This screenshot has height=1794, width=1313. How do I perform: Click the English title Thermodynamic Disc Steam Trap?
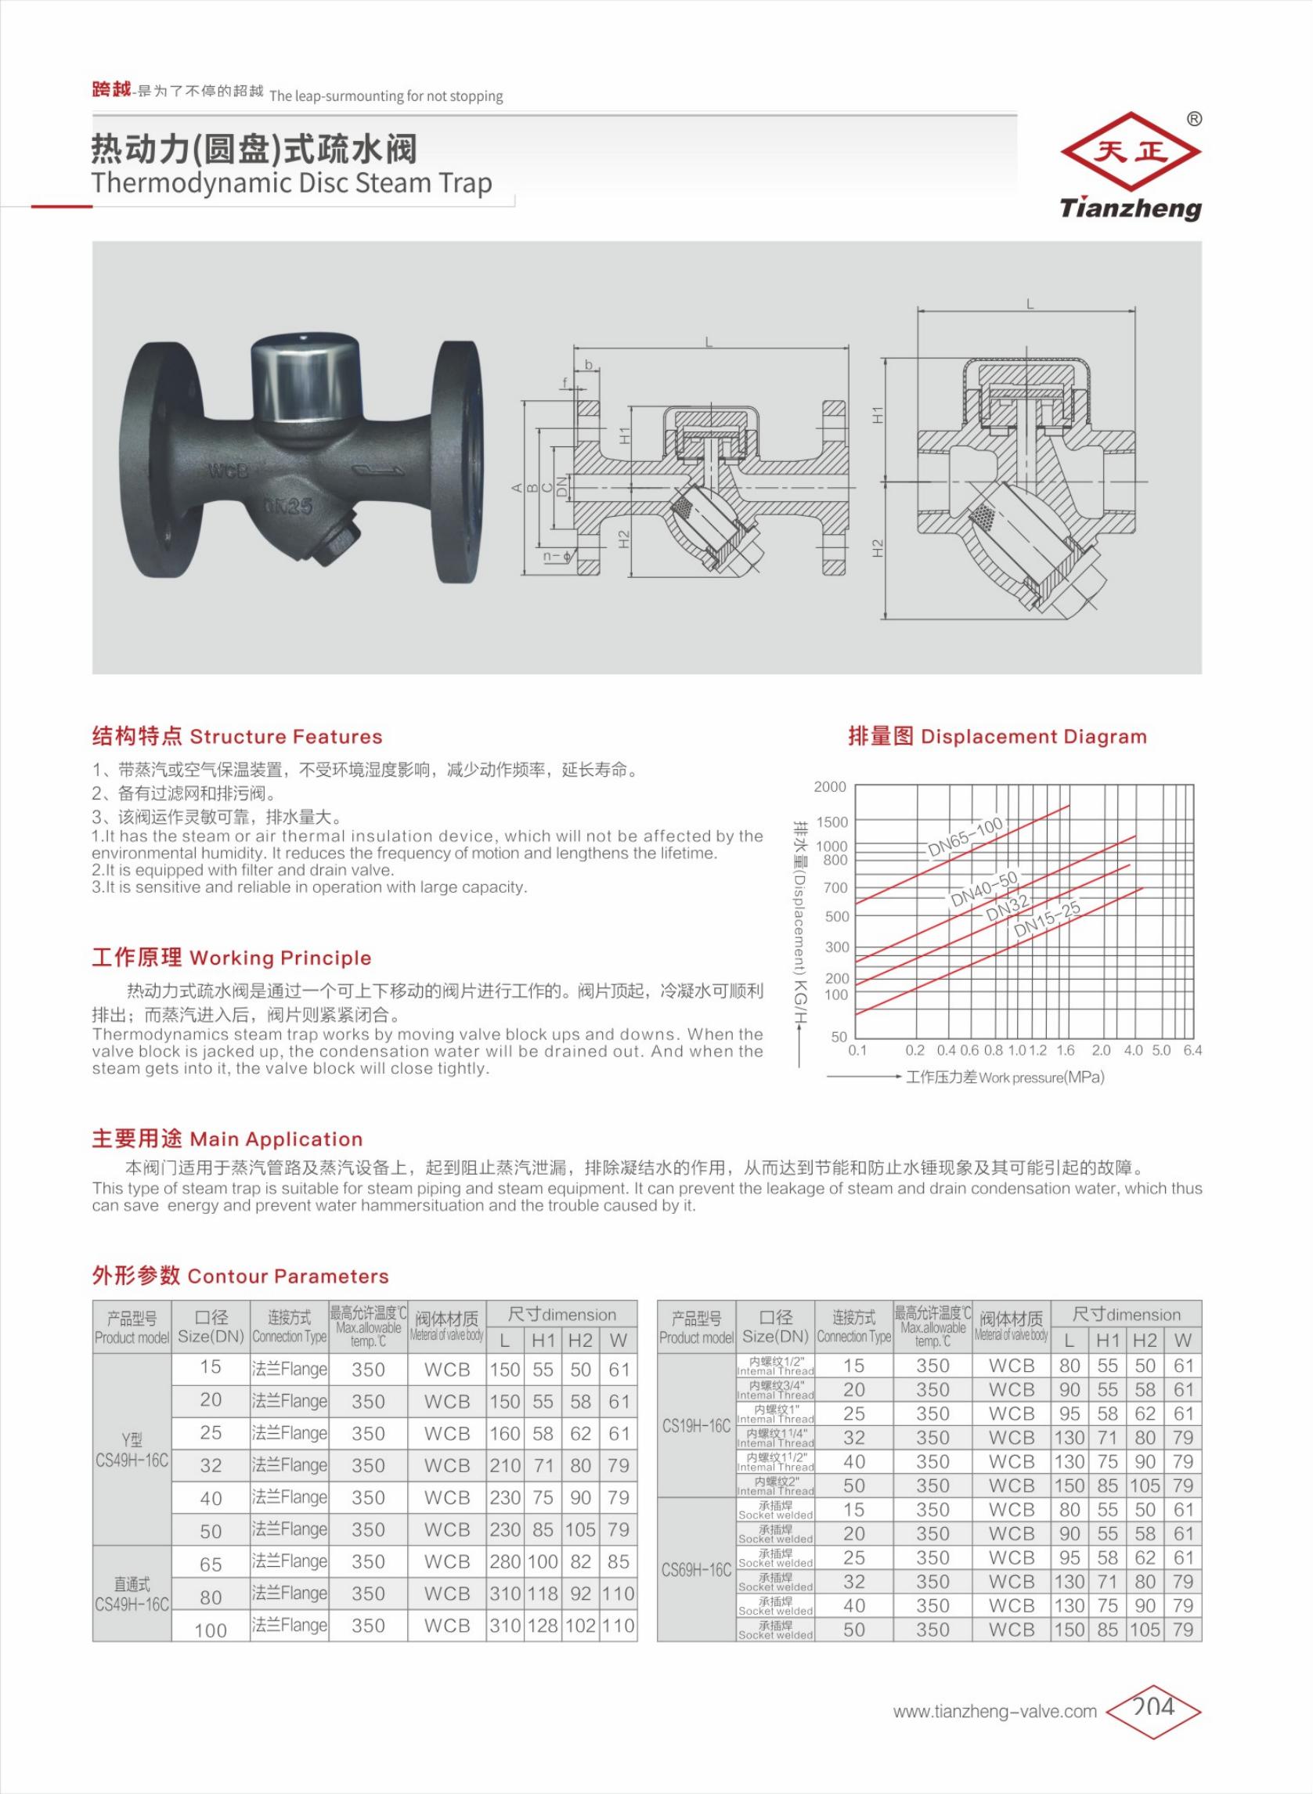tap(292, 182)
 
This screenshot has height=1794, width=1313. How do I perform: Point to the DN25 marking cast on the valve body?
tap(287, 507)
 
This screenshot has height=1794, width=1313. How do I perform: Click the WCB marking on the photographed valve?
tap(227, 471)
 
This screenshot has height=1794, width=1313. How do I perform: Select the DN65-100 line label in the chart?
tap(965, 837)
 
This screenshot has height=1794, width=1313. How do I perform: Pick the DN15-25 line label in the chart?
tap(1047, 918)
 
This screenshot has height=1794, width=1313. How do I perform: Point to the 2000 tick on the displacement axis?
tap(830, 787)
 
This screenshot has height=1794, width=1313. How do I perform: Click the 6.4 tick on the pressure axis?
tap(1192, 1050)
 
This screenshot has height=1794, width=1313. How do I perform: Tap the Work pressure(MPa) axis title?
tap(1041, 1078)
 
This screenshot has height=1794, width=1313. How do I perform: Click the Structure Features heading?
tap(237, 737)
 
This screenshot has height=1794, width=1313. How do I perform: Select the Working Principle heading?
tap(231, 958)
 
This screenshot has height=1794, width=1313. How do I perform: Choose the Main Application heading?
tap(227, 1139)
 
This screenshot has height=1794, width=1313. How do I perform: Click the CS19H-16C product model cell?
tap(696, 1425)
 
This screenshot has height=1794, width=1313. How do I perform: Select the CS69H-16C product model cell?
tap(696, 1569)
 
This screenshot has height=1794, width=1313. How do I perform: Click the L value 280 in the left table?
tap(505, 1561)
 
